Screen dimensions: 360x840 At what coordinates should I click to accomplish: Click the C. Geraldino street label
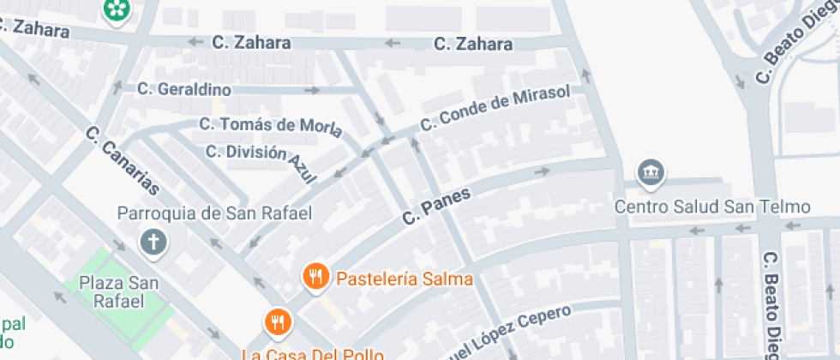coord(184,88)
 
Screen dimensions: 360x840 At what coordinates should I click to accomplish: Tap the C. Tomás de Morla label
coord(271,126)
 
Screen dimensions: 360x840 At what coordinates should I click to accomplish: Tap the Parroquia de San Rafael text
coord(214,213)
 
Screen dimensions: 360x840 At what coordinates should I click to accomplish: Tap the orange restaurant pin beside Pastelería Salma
coord(316,276)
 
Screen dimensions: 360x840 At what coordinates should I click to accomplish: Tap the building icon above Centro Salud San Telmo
coord(651,173)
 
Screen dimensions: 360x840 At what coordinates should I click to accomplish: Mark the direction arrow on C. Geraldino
coord(313,89)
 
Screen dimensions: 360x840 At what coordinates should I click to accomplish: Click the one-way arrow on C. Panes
coord(542,171)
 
